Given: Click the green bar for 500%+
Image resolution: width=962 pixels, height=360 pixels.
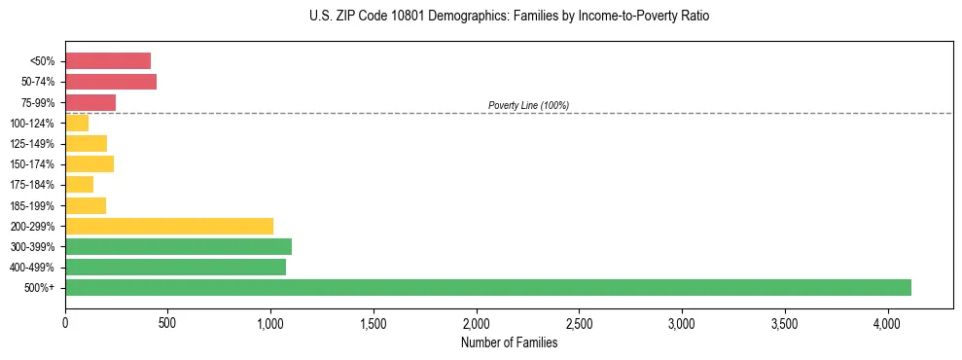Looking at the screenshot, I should tap(487, 288).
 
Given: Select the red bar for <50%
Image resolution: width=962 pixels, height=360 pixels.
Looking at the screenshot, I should tap(108, 61).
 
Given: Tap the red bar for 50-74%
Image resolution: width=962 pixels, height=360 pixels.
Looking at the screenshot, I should tap(111, 82).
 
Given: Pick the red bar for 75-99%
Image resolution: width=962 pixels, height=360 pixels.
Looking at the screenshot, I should tap(90, 102).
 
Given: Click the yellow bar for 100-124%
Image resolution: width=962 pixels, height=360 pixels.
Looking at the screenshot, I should tap(77, 123).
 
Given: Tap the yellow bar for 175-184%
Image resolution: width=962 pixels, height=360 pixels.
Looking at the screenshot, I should tap(79, 185).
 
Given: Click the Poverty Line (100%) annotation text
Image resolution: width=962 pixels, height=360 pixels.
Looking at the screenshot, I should tap(528, 105).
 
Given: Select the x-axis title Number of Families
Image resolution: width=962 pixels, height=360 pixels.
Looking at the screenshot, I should tap(510, 342).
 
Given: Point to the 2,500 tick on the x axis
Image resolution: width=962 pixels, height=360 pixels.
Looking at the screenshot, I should tap(579, 322).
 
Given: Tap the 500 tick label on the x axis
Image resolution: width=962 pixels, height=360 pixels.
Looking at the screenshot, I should tap(167, 322).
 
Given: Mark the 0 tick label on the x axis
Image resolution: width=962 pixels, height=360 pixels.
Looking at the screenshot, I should tap(65, 322).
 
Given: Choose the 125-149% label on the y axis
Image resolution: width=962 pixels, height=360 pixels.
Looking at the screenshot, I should tap(32, 144).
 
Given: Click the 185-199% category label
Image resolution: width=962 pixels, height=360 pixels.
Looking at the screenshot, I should tap(32, 205).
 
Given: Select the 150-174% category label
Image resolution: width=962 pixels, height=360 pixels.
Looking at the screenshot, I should tap(32, 164).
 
